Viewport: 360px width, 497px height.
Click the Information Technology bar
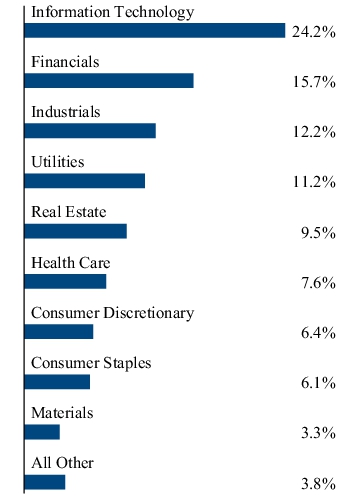155,31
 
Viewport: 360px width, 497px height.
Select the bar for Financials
109,81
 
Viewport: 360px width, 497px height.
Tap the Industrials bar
90,131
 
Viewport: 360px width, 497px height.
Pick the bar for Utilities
85,181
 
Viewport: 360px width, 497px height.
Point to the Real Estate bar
76,231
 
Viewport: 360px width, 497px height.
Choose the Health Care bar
66,282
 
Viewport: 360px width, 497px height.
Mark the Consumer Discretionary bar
59,332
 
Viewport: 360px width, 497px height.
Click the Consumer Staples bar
57,382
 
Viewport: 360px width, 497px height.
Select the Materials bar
42,432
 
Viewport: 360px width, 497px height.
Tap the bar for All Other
45,482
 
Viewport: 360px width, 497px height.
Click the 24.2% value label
314,32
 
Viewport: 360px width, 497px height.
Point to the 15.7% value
314,82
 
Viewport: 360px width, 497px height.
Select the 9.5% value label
318,233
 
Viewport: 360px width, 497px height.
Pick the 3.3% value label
318,433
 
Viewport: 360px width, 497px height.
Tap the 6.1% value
318,383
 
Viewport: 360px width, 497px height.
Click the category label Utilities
58,162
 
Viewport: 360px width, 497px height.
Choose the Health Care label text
71,263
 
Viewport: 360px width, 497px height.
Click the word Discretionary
149,313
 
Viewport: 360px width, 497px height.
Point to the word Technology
154,12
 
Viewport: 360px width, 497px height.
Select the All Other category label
63,463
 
